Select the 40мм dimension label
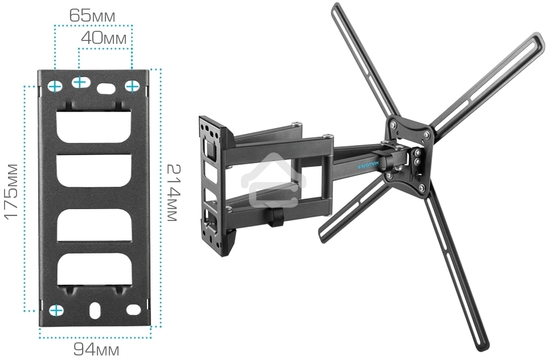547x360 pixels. [104, 38]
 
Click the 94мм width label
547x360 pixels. [96, 349]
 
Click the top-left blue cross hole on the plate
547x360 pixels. [55, 87]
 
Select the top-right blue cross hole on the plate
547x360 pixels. [132, 86]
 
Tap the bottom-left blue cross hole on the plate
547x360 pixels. [56, 310]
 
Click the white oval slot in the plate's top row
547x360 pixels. [106, 88]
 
